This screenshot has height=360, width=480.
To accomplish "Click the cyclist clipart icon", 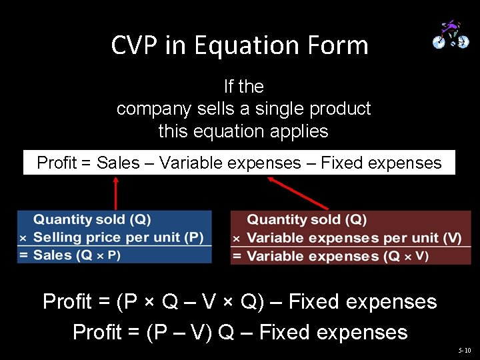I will [451, 34].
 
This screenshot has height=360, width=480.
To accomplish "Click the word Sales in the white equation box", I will [118, 163].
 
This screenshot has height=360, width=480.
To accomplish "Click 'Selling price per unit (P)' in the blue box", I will [118, 237].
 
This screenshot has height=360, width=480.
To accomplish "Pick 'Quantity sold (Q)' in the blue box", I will [92, 219].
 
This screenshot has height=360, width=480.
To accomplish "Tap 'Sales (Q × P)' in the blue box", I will [77, 255].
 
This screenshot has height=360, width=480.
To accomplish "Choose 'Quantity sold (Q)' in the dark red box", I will [307, 220].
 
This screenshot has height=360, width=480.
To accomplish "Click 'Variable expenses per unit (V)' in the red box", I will [354, 238].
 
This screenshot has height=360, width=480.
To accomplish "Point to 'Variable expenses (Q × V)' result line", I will [337, 256].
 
